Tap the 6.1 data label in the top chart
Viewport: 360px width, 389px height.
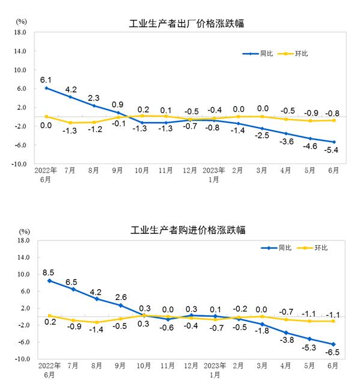click(47, 79)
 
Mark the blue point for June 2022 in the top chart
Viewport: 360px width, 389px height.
click(46, 88)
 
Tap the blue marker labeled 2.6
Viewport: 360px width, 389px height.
click(120, 305)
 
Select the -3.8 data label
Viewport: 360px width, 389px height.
click(286, 340)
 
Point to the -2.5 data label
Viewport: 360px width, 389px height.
click(262, 136)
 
